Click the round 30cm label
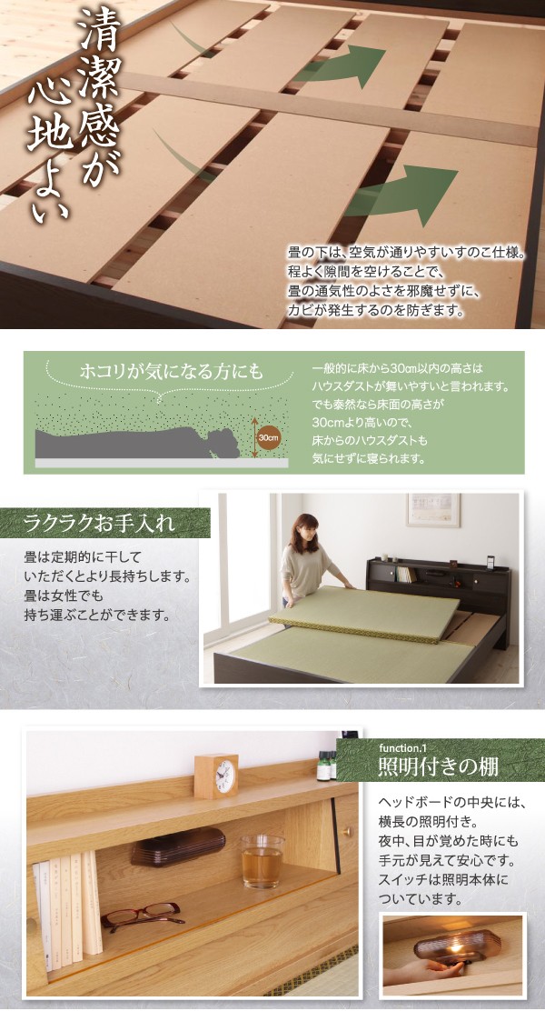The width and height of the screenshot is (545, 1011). click(268, 437)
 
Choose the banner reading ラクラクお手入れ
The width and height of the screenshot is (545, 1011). click(105, 523)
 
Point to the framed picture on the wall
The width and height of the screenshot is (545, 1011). click(432, 510)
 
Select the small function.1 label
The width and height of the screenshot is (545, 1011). click(400, 749)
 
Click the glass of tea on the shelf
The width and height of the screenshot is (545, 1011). click(262, 862)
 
